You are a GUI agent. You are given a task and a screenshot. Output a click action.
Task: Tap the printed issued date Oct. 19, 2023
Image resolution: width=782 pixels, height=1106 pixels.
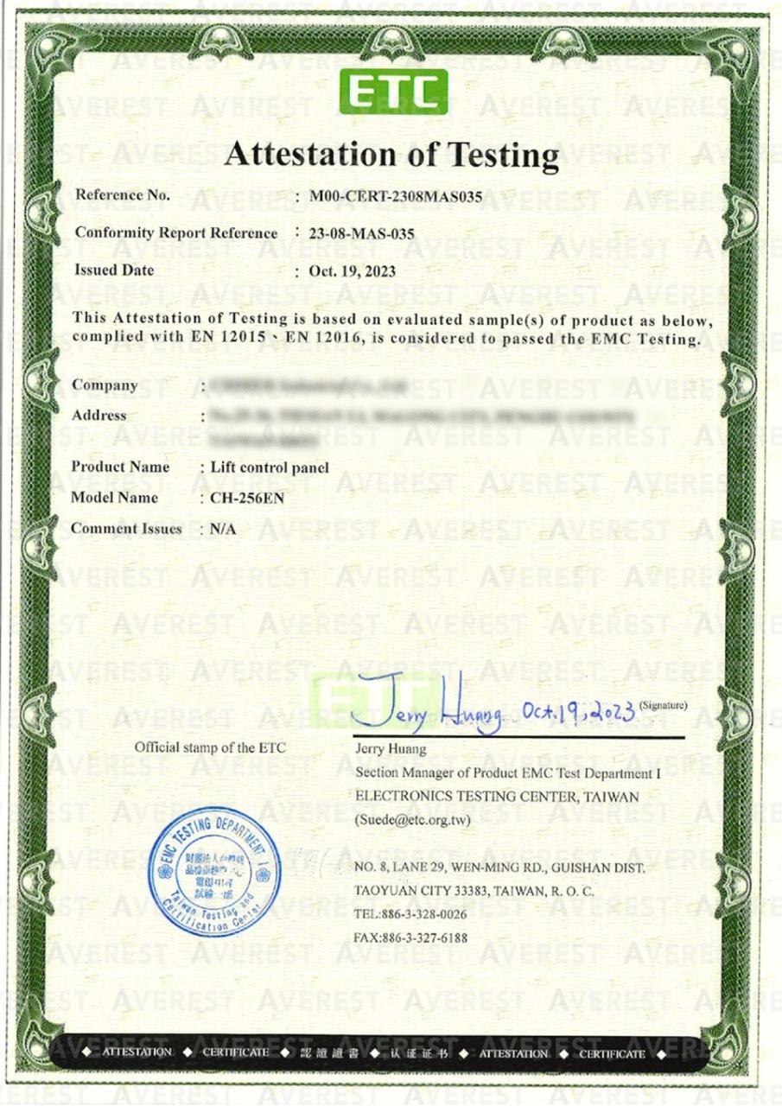click(352, 271)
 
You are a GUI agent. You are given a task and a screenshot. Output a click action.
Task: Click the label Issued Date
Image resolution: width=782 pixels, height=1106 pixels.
click(114, 270)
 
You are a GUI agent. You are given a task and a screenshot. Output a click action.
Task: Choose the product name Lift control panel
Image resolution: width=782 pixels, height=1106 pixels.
click(270, 467)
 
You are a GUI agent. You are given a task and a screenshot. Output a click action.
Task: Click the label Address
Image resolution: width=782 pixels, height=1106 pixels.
click(99, 416)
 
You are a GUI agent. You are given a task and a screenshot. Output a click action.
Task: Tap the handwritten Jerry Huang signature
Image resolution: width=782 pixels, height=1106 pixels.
click(428, 713)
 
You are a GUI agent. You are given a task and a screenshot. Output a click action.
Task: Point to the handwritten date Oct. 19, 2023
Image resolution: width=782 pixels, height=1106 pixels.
click(580, 711)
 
